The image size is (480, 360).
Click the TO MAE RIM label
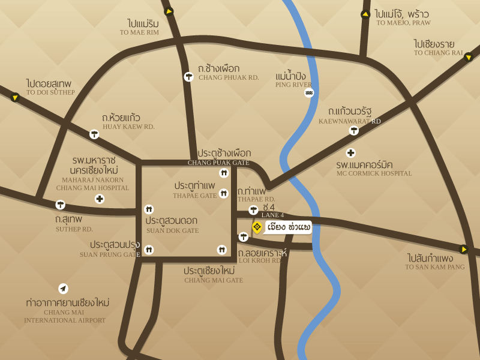[x=139, y=32]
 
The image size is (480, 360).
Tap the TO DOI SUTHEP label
[x=50, y=92]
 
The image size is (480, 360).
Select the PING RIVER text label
[x=293, y=85]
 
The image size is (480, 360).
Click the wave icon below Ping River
[x=309, y=93]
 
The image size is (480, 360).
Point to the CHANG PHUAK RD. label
[x=229, y=77]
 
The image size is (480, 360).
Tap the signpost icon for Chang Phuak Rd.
[x=188, y=76]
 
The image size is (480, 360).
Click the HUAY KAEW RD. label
[x=128, y=127]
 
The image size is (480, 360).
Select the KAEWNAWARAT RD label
[x=350, y=121]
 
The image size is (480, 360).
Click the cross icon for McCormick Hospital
[x=351, y=153]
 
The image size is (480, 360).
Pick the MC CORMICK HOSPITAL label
[x=374, y=173]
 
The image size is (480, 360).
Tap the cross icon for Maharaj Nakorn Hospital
[x=100, y=199]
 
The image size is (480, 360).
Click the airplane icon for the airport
[x=63, y=289]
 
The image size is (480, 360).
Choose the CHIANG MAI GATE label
[x=214, y=280]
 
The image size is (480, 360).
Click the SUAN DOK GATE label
[x=172, y=230]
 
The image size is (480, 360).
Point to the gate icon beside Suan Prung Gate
[x=149, y=250]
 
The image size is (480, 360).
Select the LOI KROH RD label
[x=260, y=260]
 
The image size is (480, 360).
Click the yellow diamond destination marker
[x=257, y=227]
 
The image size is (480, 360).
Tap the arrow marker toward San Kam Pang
[x=463, y=249]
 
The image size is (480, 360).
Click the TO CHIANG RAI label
[x=438, y=53]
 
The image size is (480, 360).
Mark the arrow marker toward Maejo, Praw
[x=365, y=14]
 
